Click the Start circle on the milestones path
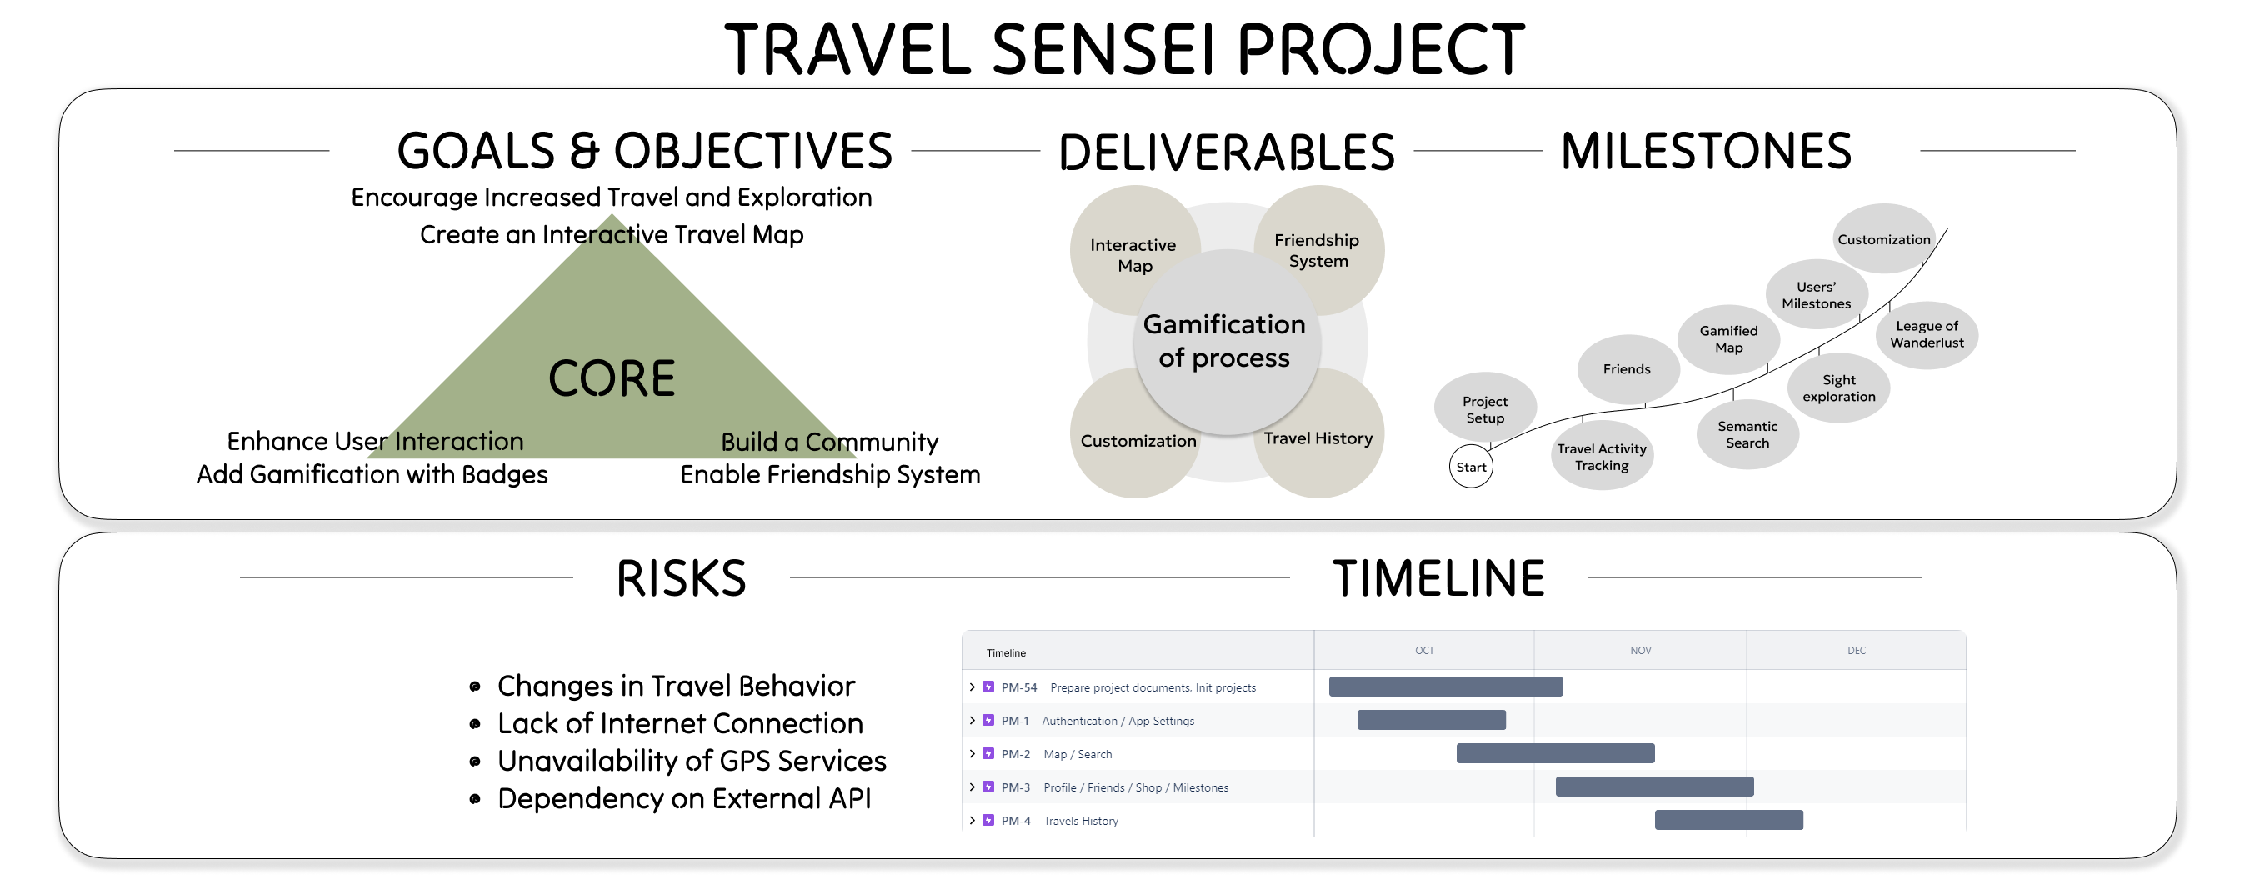pyautogui.click(x=1471, y=467)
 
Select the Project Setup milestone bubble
pyautogui.click(x=1485, y=409)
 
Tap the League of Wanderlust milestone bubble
pyautogui.click(x=1927, y=334)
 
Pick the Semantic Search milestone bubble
pyautogui.click(x=1747, y=435)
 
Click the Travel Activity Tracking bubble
pyautogui.click(x=1601, y=457)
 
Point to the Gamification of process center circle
pyautogui.click(x=1224, y=342)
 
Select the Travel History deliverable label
pyautogui.click(x=1318, y=438)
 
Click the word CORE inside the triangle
pyautogui.click(x=612, y=378)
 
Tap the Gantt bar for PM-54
pyautogui.click(x=1446, y=687)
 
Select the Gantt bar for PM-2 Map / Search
pyautogui.click(x=1555, y=753)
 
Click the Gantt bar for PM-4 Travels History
pyautogui.click(x=1728, y=820)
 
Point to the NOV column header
pyautogui.click(x=1640, y=651)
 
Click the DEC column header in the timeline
pyautogui.click(x=1856, y=651)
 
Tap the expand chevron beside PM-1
pyautogui.click(x=972, y=721)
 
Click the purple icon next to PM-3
pyautogui.click(x=987, y=787)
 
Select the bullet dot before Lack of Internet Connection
pyautogui.click(x=475, y=724)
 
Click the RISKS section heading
pyautogui.click(x=682, y=578)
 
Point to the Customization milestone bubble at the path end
pyautogui.click(x=1883, y=239)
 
